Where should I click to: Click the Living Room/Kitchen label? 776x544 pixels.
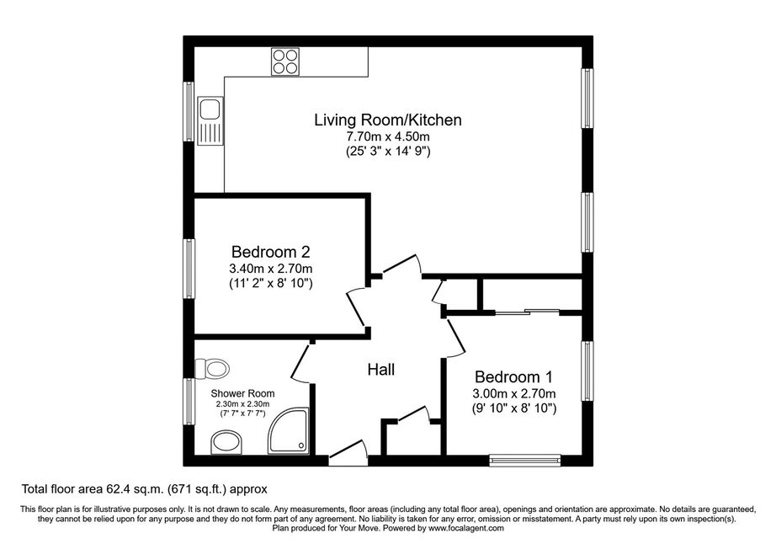388,120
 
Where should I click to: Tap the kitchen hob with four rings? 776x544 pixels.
285,61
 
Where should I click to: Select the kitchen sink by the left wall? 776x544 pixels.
210,120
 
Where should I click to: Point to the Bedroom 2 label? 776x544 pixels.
271,252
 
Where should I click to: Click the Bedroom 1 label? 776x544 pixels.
513,376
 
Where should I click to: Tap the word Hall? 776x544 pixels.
381,370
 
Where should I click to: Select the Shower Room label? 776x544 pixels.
242,393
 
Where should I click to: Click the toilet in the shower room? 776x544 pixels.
212,368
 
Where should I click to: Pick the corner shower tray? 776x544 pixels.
289,430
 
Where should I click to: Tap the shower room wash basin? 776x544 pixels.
226,442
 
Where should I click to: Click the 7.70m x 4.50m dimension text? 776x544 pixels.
388,136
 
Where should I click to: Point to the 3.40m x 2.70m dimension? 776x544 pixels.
271,269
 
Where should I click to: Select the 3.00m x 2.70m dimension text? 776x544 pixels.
513,393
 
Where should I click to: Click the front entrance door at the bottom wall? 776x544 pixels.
348,452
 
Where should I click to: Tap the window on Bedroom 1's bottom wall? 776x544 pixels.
525,461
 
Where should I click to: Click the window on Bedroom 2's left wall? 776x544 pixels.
189,269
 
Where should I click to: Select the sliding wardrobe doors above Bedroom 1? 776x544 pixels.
527,312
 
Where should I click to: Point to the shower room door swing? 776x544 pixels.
300,364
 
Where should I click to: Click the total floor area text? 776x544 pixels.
145,489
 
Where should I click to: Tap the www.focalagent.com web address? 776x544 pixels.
466,528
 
